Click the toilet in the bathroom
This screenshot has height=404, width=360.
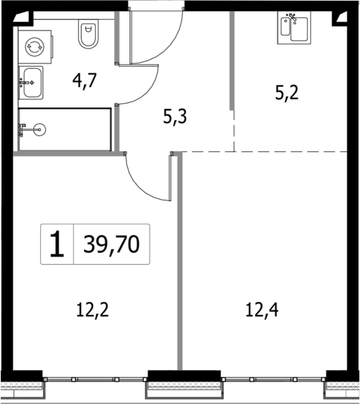click(88, 35)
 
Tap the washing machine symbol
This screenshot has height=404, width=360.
click(33, 47)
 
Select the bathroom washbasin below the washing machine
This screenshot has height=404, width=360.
click(31, 82)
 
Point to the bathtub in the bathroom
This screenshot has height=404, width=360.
click(64, 129)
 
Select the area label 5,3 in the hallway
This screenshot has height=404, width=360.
click(175, 117)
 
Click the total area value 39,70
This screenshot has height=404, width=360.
click(112, 244)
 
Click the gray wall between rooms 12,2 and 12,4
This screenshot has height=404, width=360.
click(180, 265)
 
